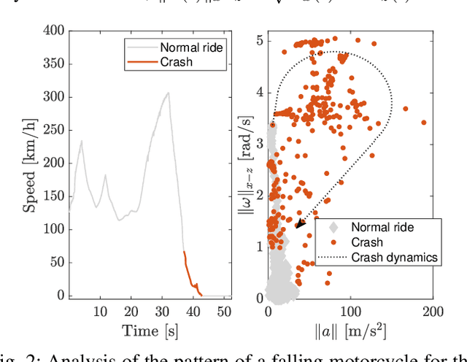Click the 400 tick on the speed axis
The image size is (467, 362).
tap(54, 30)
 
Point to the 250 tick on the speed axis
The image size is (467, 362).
tap(54, 130)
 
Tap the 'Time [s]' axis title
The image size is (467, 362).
tap(150, 331)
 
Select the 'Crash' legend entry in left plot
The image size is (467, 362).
tap(175, 62)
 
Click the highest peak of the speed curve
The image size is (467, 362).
tap(169, 93)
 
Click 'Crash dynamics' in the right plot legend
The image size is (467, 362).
tap(395, 257)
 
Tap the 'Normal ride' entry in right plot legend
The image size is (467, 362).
tap(381, 228)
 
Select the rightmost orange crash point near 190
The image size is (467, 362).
tap(423, 123)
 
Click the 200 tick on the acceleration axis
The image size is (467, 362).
tap(433, 312)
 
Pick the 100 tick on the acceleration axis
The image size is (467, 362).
tap(350, 312)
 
